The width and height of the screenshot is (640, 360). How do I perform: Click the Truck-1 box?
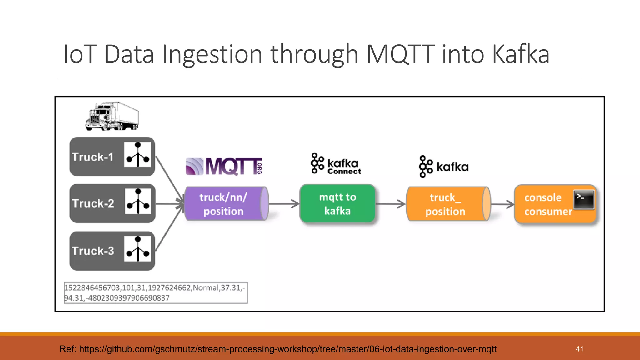(112, 157)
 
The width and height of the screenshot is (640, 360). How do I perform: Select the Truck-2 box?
(112, 203)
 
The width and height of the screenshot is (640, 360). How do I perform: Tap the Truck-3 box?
(112, 251)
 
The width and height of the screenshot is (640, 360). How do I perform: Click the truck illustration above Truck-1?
(112, 116)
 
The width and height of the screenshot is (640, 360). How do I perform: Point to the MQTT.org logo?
(224, 166)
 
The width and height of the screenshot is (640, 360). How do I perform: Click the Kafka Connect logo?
(336, 164)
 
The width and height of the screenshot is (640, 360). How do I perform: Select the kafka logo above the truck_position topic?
(444, 167)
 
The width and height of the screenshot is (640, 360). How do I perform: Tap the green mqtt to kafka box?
(337, 204)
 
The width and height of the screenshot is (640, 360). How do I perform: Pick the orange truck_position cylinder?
(447, 204)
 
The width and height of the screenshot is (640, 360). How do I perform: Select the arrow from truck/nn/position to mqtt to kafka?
(284, 204)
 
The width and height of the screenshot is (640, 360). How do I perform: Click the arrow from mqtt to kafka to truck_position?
(391, 204)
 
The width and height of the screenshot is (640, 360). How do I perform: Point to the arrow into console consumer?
(502, 205)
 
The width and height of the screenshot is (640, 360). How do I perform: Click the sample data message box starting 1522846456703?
(155, 293)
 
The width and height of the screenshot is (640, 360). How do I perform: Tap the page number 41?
(579, 349)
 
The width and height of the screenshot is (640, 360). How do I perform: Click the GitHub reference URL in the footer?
(287, 349)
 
